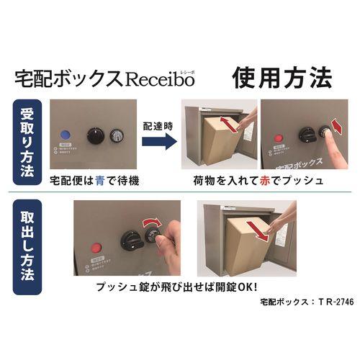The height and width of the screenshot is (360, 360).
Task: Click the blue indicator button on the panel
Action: (66, 134)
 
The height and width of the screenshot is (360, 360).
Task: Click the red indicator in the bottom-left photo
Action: (93, 250)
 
